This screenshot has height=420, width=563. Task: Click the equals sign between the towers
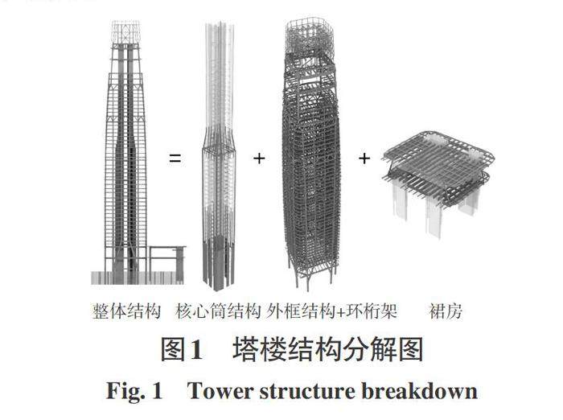click(x=175, y=159)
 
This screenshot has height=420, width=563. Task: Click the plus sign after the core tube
click(x=259, y=159)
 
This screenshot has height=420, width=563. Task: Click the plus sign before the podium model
click(x=364, y=159)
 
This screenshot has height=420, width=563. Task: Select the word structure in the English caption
click(x=308, y=392)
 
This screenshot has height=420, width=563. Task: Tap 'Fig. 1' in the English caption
click(x=135, y=392)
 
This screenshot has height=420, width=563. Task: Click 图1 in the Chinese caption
click(x=182, y=350)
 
